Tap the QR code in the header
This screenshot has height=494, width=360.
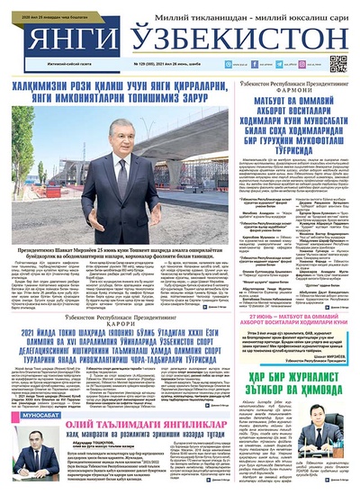(338, 63)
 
